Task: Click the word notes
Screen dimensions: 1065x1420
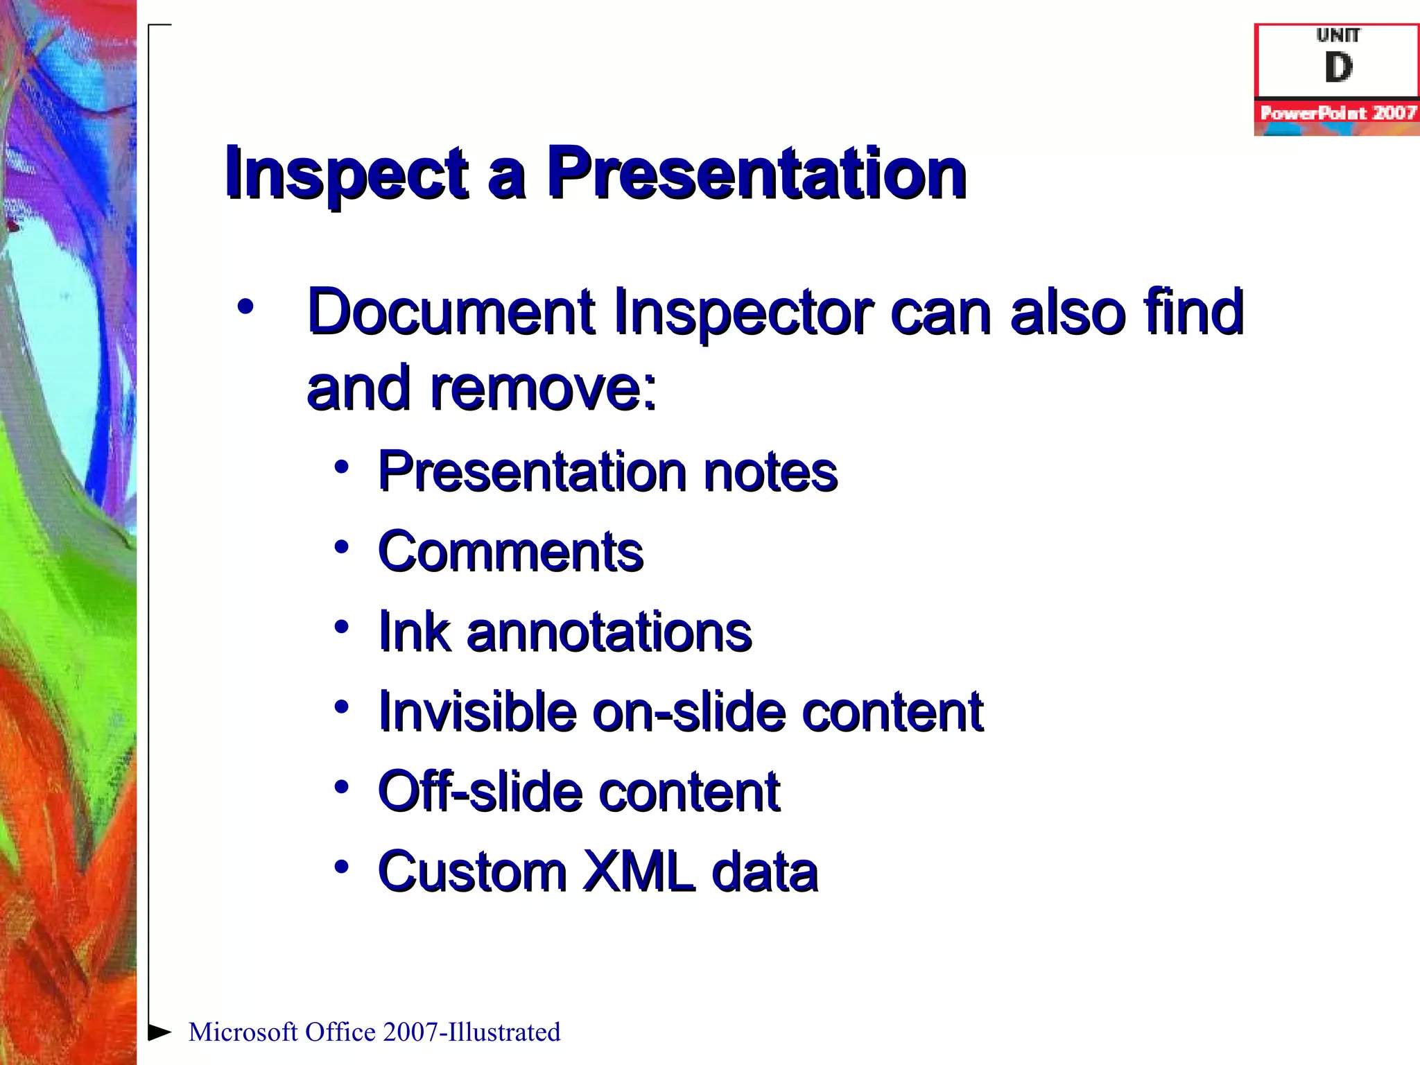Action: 770,472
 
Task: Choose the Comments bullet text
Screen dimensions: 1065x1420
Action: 510,552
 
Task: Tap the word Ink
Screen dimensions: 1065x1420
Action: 414,632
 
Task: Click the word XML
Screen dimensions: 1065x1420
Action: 639,872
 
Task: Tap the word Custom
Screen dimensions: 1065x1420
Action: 472,872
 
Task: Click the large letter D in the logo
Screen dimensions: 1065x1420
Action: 1338,68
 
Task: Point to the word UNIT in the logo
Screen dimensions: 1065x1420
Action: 1338,35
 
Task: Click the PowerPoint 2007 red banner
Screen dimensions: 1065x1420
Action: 1337,113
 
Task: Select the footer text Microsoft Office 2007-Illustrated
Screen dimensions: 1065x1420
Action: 374,1032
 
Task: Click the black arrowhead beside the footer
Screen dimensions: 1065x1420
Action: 159,1032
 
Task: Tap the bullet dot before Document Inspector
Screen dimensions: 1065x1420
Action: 245,306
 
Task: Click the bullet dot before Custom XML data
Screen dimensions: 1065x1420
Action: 340,867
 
